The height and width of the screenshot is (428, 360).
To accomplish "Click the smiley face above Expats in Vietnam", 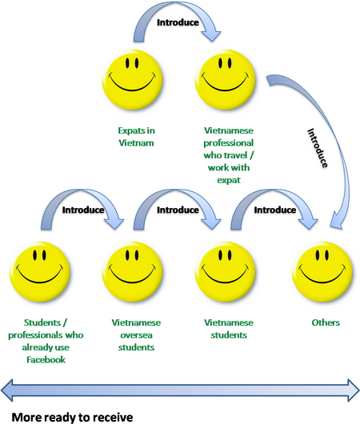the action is pos(132,79).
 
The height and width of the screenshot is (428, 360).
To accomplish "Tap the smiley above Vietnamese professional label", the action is pos(225,79).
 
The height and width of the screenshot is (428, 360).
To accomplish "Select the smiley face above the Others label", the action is pos(322,271).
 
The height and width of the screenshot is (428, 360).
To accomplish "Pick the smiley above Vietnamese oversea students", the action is pos(132,271).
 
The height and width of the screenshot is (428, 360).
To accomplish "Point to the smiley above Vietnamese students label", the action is pos(225,271).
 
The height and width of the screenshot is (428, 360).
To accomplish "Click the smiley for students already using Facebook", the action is pos(39,271).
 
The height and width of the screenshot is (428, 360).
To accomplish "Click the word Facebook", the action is pos(46,359).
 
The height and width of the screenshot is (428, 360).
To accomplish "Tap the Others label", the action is pos(326,322).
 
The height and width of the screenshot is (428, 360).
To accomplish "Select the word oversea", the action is pos(136,335).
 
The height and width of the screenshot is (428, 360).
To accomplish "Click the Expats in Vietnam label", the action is pos(136,137).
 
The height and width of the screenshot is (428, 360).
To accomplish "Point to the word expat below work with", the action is pos(229,180).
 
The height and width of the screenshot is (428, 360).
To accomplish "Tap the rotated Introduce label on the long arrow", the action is pos(318,148).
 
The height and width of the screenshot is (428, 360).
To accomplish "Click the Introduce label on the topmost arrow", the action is pos(178,22).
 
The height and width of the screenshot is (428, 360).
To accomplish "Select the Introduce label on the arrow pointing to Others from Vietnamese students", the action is pos(275,210).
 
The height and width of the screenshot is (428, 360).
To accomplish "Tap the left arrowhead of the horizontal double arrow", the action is pos(7,390).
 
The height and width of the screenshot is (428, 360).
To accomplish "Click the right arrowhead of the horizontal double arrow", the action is pos(354,390).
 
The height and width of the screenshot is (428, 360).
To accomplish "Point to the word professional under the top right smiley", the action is pos(229,142).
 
